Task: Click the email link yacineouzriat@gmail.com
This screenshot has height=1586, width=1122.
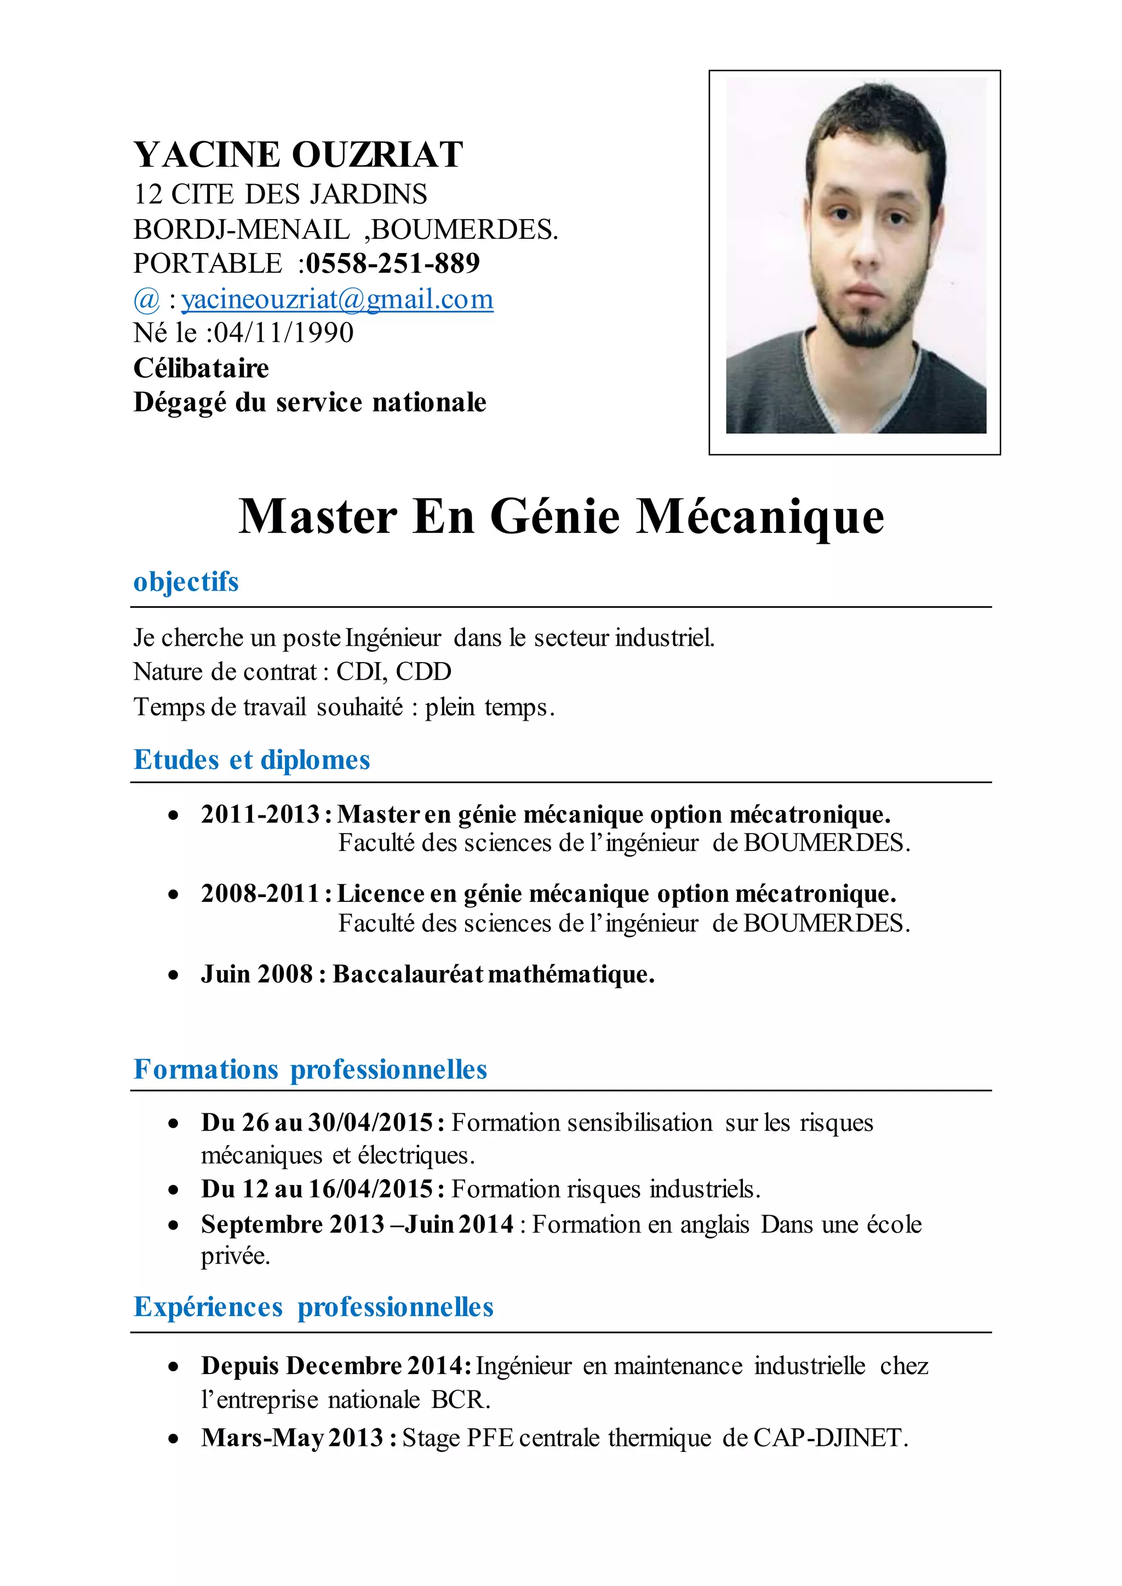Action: click(337, 299)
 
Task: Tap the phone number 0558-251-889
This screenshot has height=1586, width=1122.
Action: click(392, 263)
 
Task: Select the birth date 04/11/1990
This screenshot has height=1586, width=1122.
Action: click(283, 333)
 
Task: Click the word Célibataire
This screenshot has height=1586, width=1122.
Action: click(201, 368)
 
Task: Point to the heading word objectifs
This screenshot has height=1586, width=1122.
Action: click(186, 582)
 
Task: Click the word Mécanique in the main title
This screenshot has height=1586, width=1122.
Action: click(759, 516)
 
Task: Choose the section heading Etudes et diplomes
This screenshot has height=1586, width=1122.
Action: click(251, 760)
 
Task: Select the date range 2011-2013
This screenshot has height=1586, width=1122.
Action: click(260, 814)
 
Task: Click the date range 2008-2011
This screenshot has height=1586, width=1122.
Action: click(260, 894)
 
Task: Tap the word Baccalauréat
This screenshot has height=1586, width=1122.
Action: click(408, 974)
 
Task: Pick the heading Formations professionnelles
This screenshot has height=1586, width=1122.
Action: click(310, 1070)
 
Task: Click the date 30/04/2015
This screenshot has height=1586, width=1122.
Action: click(370, 1123)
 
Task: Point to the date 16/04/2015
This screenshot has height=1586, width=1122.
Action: click(370, 1189)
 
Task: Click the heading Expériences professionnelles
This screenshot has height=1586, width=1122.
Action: click(313, 1307)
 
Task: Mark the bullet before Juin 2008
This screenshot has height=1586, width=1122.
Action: click(174, 975)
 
